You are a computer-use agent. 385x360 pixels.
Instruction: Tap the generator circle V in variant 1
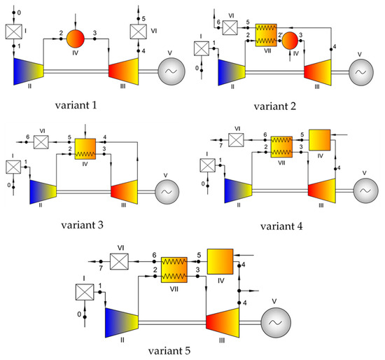point(172,71)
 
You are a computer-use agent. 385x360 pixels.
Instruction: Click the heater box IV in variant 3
point(83,148)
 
